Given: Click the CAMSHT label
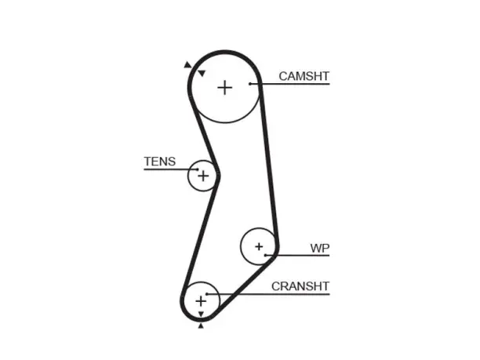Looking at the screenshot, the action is click(304, 76).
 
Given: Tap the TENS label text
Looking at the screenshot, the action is click(160, 162).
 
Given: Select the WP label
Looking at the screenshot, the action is click(320, 249).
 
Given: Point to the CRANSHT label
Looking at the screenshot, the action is click(300, 286).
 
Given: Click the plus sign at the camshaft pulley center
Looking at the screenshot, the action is click(225, 88).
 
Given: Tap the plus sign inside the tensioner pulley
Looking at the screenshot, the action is click(203, 176).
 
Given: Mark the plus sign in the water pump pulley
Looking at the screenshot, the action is click(259, 246).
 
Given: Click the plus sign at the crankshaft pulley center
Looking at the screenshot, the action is click(201, 301).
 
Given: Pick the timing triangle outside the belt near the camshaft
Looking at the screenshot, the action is click(187, 64).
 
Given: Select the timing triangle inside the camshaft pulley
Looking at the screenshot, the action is click(202, 73).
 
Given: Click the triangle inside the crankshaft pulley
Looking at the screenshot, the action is click(201, 314).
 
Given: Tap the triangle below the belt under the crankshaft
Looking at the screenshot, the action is click(201, 325).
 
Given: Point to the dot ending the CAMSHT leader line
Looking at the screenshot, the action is click(250, 84).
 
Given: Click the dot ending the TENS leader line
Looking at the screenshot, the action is click(198, 169).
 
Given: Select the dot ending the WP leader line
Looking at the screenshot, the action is click(266, 255).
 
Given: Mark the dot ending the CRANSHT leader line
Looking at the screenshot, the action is click(207, 294).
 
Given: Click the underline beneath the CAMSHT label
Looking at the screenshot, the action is click(290, 84).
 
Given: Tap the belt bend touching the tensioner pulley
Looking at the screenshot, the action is click(218, 176).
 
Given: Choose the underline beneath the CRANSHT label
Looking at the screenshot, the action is click(268, 294).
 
